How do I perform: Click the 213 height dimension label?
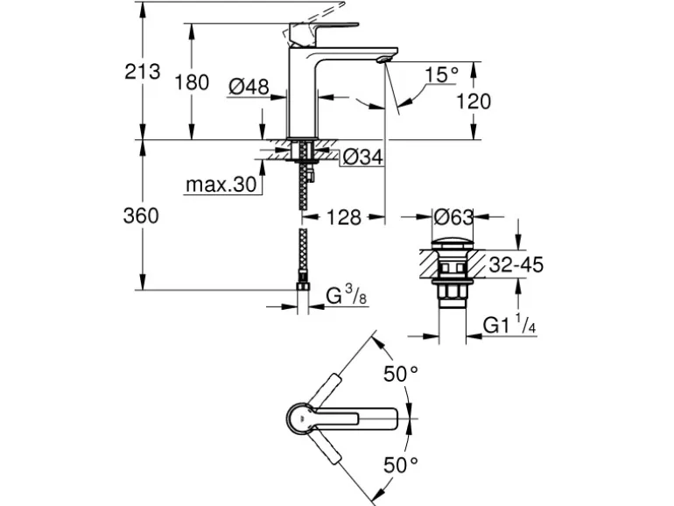tap(144, 72)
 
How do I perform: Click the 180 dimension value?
tap(192, 82)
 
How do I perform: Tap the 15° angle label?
tap(441, 74)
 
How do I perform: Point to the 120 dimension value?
tap(474, 102)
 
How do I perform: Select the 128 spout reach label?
tap(344, 217)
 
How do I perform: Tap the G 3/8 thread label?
tap(344, 298)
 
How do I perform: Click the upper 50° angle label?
tap(401, 375)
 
